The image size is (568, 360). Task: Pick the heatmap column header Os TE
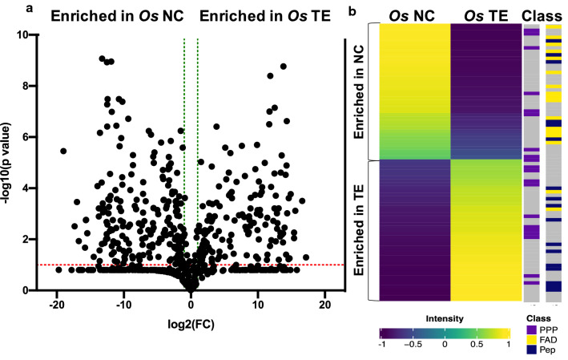click(486, 15)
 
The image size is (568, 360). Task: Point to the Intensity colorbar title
click(443, 315)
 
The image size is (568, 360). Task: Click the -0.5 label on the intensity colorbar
click(415, 344)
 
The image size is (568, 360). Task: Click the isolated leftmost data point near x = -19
click(63, 151)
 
